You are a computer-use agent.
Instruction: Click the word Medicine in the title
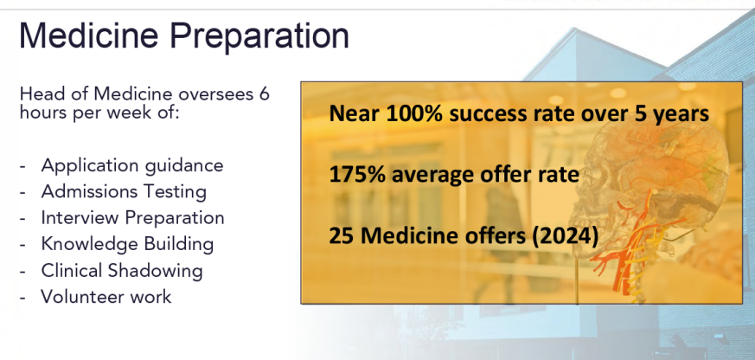pyautogui.click(x=89, y=35)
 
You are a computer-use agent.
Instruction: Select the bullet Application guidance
pyautogui.click(x=132, y=166)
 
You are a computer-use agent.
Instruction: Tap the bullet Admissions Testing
pyautogui.click(x=124, y=192)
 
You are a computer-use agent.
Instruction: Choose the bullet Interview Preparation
pyautogui.click(x=132, y=218)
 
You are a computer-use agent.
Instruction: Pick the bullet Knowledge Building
pyautogui.click(x=127, y=244)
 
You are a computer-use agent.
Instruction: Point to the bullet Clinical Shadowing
pyautogui.click(x=122, y=270)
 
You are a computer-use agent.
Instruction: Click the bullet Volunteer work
pyautogui.click(x=106, y=296)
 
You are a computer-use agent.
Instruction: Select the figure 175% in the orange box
pyautogui.click(x=357, y=175)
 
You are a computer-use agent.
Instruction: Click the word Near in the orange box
pyautogui.click(x=354, y=114)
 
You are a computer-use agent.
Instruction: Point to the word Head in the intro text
pyautogui.click(x=38, y=93)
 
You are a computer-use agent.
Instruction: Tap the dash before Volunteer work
pyautogui.click(x=22, y=298)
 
